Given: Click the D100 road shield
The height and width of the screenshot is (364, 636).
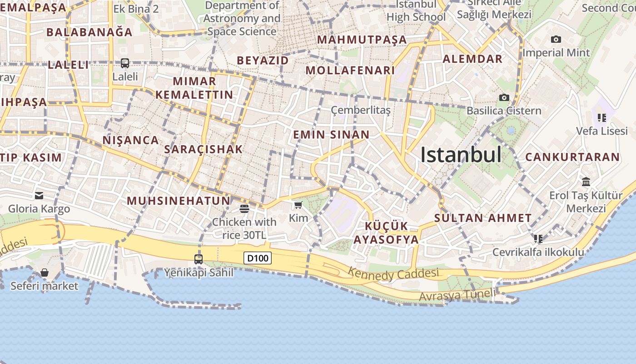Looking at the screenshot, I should tap(258, 258).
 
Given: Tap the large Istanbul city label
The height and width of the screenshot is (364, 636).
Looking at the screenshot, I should tap(461, 155).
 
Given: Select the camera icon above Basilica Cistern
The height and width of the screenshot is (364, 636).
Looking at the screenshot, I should tap(504, 97).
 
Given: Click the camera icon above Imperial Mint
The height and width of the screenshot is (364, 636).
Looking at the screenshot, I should tap(556, 40).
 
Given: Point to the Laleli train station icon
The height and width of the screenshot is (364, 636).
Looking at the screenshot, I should tap(125, 63).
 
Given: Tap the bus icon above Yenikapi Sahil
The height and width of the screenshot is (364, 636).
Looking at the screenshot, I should tap(199, 259).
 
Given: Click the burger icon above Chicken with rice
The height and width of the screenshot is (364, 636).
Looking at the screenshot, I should tap(244, 209).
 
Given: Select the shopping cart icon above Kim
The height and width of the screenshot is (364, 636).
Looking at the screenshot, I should tap(298, 205).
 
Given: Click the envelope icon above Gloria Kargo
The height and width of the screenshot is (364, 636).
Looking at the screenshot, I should tap(39, 196).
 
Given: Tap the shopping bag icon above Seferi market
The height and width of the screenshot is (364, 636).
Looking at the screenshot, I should tap(45, 273).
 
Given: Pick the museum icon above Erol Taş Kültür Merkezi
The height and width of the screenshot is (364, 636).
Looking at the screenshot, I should tap(586, 182).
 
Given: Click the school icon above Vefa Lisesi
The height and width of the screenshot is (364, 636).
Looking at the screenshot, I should tap(602, 118).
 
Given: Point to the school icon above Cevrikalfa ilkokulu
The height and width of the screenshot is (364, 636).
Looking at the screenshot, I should tap(538, 238).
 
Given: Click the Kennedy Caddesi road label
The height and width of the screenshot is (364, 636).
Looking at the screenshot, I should tap(393, 274).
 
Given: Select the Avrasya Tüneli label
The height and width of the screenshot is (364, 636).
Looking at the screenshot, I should tap(457, 295).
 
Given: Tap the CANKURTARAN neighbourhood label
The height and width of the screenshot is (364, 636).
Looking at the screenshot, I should tap(572, 157).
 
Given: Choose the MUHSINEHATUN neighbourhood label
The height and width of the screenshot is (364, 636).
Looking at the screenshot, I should tap(179, 201).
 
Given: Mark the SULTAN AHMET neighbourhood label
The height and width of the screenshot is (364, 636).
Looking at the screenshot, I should tap(483, 218).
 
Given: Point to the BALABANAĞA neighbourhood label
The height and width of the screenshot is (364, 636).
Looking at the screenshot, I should tap(89, 32).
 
